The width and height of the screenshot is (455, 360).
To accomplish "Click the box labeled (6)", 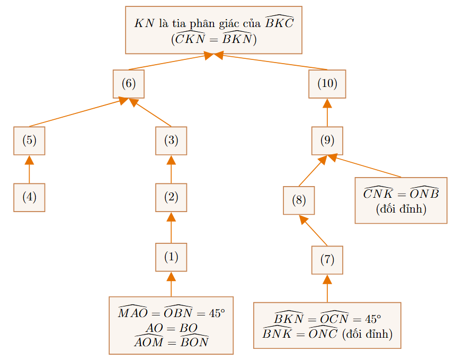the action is [x=129, y=84].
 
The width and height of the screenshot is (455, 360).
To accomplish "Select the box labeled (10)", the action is [x=327, y=84].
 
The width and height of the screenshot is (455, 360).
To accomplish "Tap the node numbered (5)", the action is [x=29, y=141].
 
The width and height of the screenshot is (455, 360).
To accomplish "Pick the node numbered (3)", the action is [x=171, y=141].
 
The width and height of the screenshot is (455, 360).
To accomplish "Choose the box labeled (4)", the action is [x=29, y=198].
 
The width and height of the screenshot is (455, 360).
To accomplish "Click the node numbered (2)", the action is [x=171, y=198].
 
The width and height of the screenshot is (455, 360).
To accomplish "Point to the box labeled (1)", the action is [x=171, y=257].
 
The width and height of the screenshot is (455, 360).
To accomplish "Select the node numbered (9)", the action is [x=327, y=141].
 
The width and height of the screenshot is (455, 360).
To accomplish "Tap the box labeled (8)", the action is [x=299, y=200].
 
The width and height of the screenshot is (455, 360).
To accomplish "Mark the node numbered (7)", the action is [x=327, y=260].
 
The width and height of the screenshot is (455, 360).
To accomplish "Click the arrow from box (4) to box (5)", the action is [x=29, y=169].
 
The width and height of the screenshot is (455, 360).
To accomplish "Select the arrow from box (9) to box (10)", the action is [x=327, y=113].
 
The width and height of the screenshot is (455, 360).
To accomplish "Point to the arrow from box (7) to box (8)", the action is [x=313, y=231].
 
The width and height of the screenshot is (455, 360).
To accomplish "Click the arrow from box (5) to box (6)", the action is [x=79, y=112].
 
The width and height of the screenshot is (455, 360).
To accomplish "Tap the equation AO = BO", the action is [x=172, y=328].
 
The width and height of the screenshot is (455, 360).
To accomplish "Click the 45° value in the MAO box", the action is [x=217, y=313].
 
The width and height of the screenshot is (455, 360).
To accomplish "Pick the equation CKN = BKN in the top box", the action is [x=214, y=39].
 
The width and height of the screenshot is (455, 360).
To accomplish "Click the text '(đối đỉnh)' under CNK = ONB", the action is [x=401, y=209].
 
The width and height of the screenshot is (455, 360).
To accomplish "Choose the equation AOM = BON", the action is [x=172, y=341].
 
